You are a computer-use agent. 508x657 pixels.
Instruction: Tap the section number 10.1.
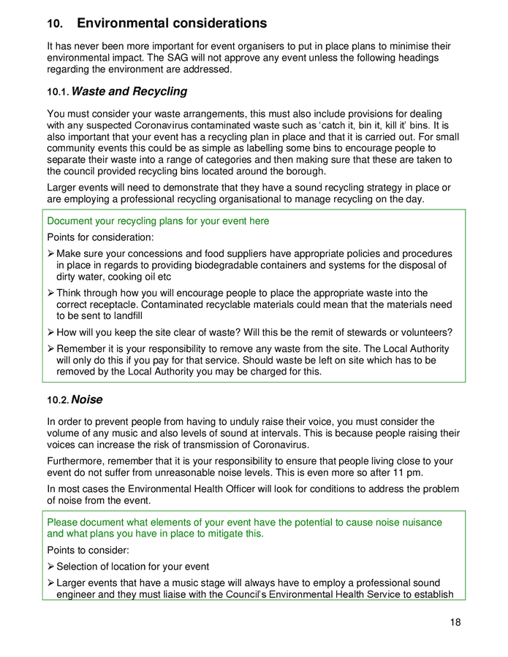click(x=58, y=93)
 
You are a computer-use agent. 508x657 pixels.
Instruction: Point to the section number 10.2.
click(x=58, y=401)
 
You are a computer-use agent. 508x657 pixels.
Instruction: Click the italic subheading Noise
click(x=86, y=400)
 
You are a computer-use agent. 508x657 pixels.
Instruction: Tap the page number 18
click(x=455, y=623)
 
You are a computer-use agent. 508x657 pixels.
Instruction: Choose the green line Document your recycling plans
click(x=158, y=221)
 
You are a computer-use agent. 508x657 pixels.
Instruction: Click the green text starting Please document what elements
click(x=244, y=523)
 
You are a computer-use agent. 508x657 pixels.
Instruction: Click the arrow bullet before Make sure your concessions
click(x=51, y=254)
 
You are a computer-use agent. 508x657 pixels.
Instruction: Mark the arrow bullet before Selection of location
click(x=51, y=566)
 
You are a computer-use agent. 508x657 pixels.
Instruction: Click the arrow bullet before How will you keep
click(x=51, y=333)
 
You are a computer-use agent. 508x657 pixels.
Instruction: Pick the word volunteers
click(x=423, y=333)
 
